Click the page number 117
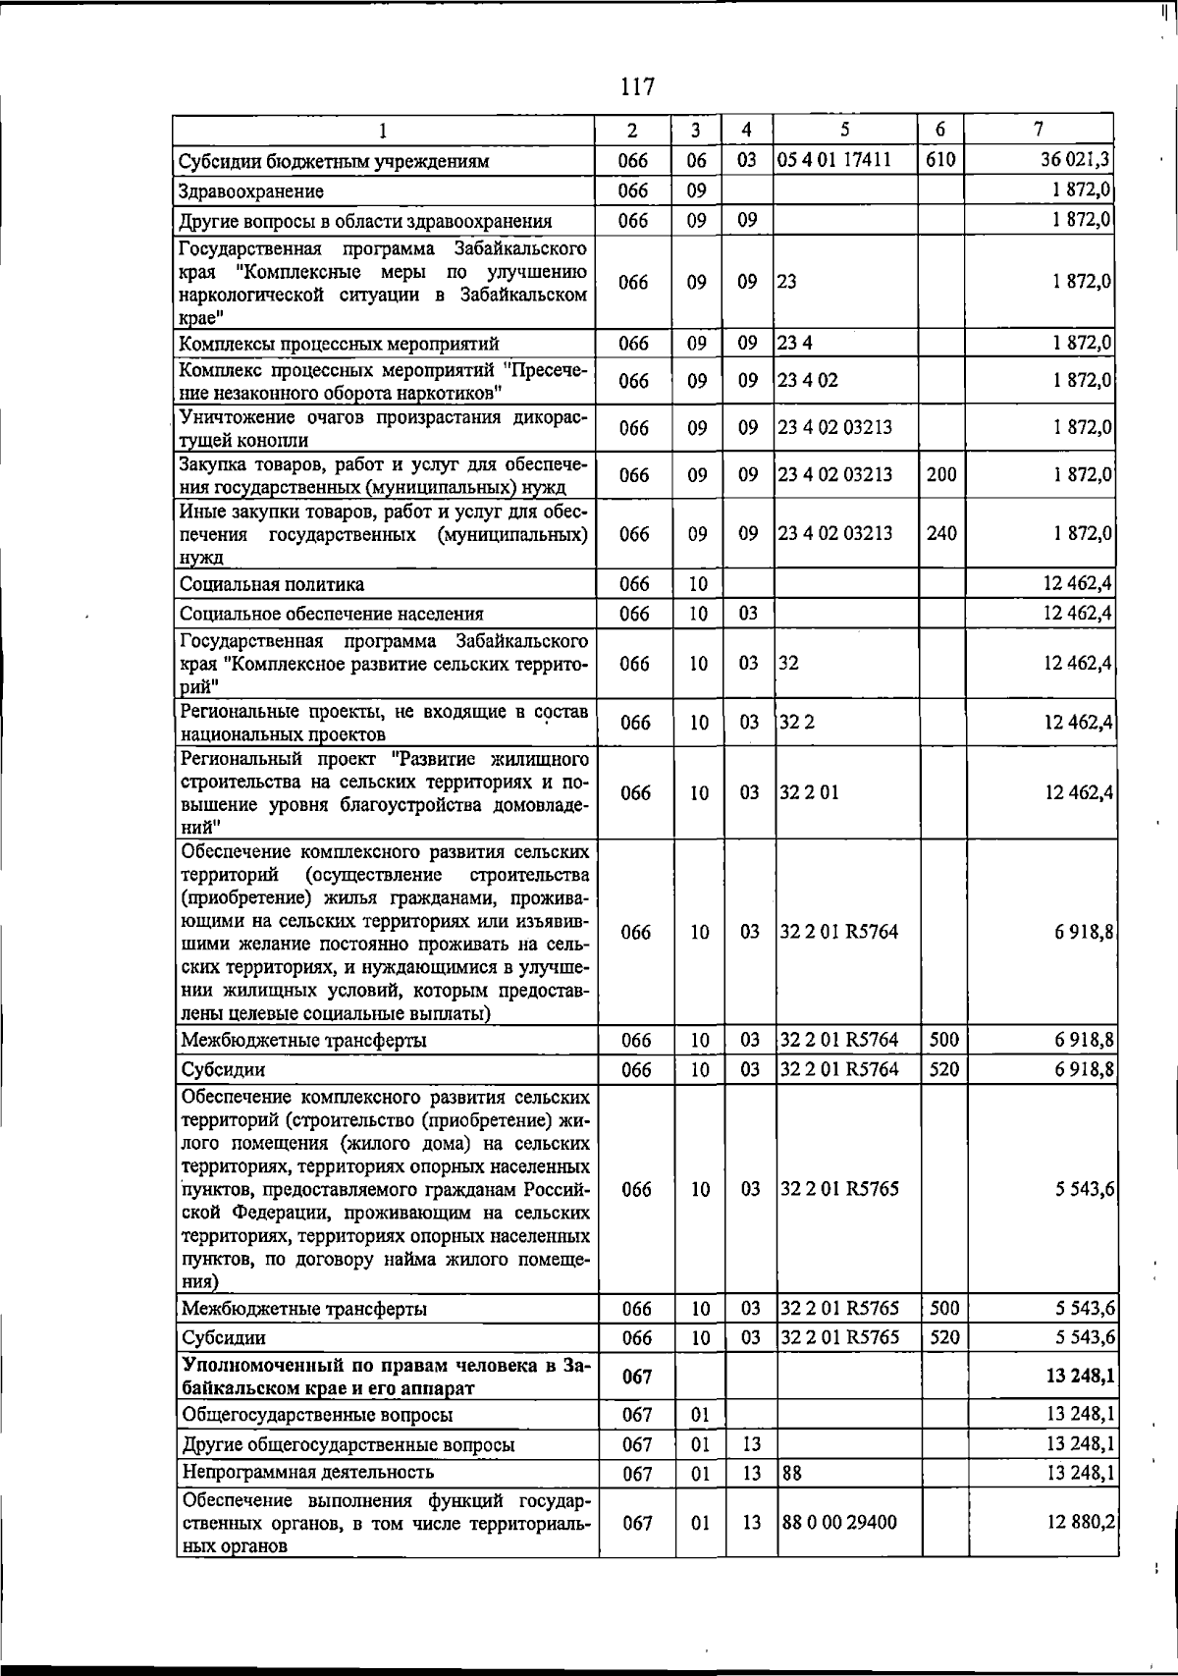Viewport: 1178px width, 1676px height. [x=637, y=87]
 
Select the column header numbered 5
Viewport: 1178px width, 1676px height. [x=845, y=129]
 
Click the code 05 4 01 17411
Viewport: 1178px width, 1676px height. [x=834, y=160]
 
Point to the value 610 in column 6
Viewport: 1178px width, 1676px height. [x=940, y=160]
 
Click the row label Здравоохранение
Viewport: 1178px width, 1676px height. [x=251, y=191]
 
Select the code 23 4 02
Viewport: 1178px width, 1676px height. [x=809, y=380]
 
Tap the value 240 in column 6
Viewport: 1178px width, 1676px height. [x=941, y=533]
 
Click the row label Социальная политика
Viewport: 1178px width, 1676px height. [x=272, y=584]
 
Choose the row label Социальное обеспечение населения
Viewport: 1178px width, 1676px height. [x=332, y=614]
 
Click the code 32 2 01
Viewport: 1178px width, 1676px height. [x=809, y=792]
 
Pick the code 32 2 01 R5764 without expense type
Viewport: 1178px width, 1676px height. [x=839, y=932]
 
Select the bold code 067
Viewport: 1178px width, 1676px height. [x=637, y=1377]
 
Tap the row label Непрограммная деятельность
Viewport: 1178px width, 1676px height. [x=308, y=1472]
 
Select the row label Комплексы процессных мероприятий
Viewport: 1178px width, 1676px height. [x=340, y=344]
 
